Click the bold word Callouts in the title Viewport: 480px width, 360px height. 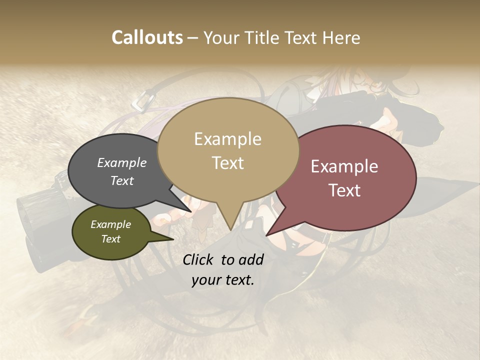tap(147, 37)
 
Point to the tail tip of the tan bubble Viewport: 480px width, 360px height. tap(230, 230)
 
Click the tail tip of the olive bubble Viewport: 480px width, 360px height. tap(173, 239)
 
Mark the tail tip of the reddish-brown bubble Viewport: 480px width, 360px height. tap(266, 235)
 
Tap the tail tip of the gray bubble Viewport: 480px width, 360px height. tap(192, 212)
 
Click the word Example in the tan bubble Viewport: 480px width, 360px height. tap(228, 139)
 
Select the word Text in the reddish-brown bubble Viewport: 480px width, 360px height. tap(345, 190)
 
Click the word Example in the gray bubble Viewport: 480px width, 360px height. tap(121, 163)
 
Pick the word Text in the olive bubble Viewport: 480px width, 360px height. tap(111, 239)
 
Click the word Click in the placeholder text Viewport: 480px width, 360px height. tap(198, 259)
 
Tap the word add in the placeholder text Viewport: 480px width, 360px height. tap(250, 259)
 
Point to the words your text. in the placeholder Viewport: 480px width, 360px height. tap(223, 280)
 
